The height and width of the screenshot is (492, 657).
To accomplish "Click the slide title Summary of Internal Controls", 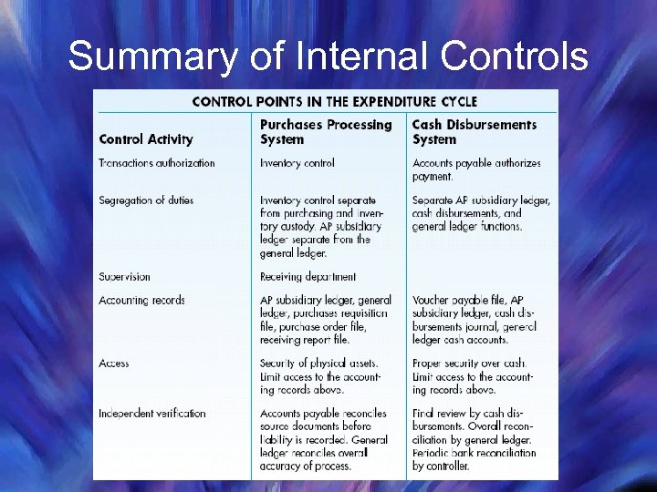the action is [x=328, y=56].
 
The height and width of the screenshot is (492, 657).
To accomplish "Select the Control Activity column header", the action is [x=146, y=139].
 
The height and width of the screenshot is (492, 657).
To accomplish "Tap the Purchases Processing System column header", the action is [x=326, y=131].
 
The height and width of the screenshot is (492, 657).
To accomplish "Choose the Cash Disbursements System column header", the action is [x=474, y=131].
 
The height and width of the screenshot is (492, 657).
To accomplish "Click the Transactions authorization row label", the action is [x=157, y=163].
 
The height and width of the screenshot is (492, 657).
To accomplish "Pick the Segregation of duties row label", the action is [x=146, y=200].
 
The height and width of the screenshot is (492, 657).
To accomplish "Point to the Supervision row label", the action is [x=124, y=276].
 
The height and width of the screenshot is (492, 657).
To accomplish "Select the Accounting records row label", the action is [x=141, y=300].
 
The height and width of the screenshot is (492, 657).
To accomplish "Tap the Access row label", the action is [x=114, y=364].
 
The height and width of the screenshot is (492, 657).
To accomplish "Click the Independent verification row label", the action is [x=152, y=414].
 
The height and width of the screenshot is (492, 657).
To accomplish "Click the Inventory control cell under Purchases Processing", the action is [x=297, y=163].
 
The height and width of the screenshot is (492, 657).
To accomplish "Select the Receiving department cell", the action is [x=308, y=276].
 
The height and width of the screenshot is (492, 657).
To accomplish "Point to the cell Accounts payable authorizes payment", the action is [x=476, y=169].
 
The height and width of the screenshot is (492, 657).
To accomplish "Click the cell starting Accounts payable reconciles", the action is [x=324, y=439].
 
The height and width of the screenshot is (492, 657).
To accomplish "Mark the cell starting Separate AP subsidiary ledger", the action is [x=481, y=213].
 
